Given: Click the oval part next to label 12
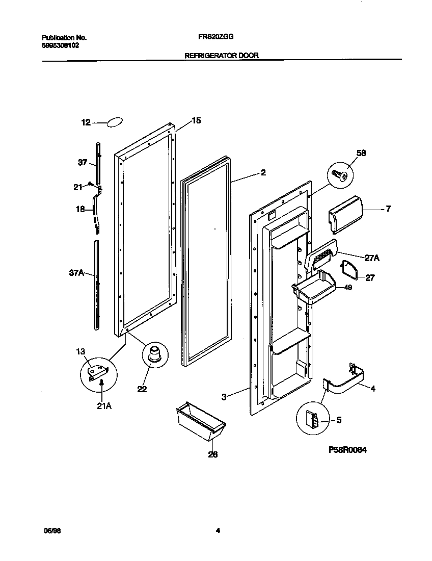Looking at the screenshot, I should [115, 122].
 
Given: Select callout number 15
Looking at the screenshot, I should [196, 121].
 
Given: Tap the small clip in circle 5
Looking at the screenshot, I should [314, 419].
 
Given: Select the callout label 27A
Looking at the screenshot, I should [372, 259].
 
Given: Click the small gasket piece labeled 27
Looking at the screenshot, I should [349, 269].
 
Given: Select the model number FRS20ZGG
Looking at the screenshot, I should [216, 37].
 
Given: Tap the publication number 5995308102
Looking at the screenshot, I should [60, 45].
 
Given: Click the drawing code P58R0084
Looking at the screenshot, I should [348, 450].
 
